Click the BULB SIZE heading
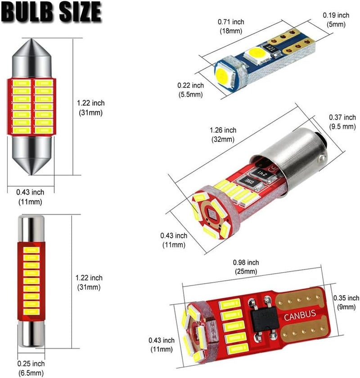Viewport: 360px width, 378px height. click(52, 12)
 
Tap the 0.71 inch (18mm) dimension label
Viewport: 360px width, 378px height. click(231, 26)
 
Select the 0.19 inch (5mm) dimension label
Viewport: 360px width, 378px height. click(336, 19)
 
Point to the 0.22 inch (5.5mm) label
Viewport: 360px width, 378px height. click(190, 90)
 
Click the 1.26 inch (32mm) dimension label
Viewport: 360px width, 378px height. click(223, 135)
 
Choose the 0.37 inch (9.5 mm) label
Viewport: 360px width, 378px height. click(342, 122)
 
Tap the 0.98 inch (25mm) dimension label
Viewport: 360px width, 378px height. click(246, 267)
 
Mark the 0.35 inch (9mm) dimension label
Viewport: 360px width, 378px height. click(346, 302)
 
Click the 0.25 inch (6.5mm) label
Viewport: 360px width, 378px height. click(31, 368)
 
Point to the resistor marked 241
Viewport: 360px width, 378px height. click(261, 173)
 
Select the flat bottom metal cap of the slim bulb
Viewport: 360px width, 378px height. click(31, 334)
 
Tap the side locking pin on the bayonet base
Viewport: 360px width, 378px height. click(322, 158)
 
